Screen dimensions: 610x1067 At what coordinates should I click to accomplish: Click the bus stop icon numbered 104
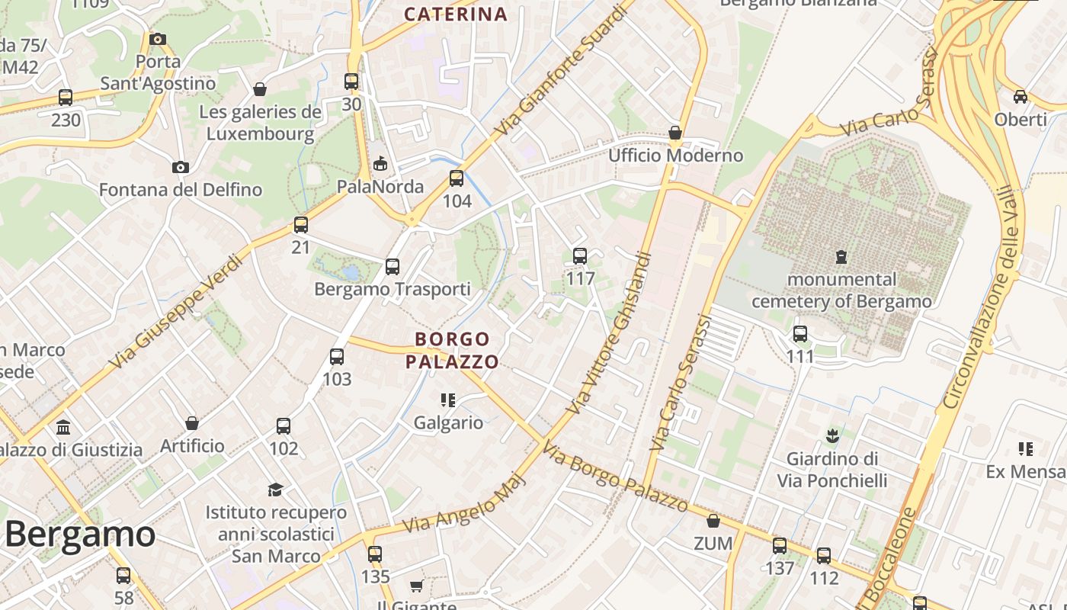pos(457,178)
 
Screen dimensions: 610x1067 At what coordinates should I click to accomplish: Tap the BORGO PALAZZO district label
pos(452,350)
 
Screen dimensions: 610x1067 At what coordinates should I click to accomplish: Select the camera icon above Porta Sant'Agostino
pos(158,39)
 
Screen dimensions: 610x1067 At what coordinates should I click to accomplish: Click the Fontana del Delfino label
pos(181,189)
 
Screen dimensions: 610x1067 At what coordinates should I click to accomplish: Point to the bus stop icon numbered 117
pos(580,256)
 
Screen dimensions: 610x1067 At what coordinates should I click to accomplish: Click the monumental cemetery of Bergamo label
pos(841,291)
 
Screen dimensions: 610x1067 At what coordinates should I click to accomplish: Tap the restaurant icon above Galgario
pos(448,400)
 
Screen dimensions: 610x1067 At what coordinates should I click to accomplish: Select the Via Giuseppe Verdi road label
pos(177,312)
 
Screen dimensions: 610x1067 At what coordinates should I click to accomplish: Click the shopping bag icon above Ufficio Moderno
pos(675,133)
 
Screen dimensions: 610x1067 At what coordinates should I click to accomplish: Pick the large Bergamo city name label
pos(79,535)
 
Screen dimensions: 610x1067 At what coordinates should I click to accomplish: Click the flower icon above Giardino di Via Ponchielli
pos(832,436)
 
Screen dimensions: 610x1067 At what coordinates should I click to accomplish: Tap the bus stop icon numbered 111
pos(800,334)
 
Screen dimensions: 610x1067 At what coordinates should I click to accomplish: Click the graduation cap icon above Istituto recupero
pos(275,490)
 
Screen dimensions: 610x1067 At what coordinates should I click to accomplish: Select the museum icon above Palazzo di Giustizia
pos(63,427)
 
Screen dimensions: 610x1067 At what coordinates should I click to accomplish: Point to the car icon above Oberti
pos(1021,97)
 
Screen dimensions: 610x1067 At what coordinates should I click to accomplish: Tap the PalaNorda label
pos(380,187)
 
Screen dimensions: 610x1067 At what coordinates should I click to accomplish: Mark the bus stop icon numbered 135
pos(375,554)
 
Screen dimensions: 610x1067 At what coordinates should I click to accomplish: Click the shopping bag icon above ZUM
pos(713,521)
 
